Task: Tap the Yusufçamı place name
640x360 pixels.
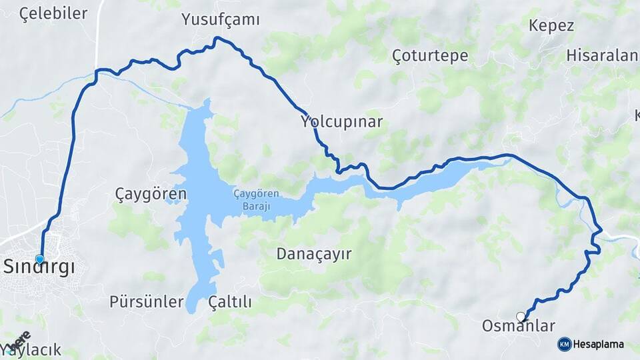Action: [220, 20]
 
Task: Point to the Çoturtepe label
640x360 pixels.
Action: [430, 55]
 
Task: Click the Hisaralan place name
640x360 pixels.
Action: [602, 55]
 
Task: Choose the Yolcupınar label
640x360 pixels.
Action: [341, 122]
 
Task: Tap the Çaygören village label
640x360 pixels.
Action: [151, 194]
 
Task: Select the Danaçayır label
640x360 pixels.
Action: [314, 254]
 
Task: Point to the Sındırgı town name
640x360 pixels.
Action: [39, 267]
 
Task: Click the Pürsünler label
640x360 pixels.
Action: [146, 301]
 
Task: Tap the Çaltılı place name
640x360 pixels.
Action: [230, 302]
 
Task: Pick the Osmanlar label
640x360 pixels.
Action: [518, 327]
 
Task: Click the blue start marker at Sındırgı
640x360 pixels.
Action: [40, 259]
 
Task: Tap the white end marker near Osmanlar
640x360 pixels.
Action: [520, 316]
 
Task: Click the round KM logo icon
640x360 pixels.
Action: [565, 344]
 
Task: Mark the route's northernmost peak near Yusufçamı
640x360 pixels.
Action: [216, 38]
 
